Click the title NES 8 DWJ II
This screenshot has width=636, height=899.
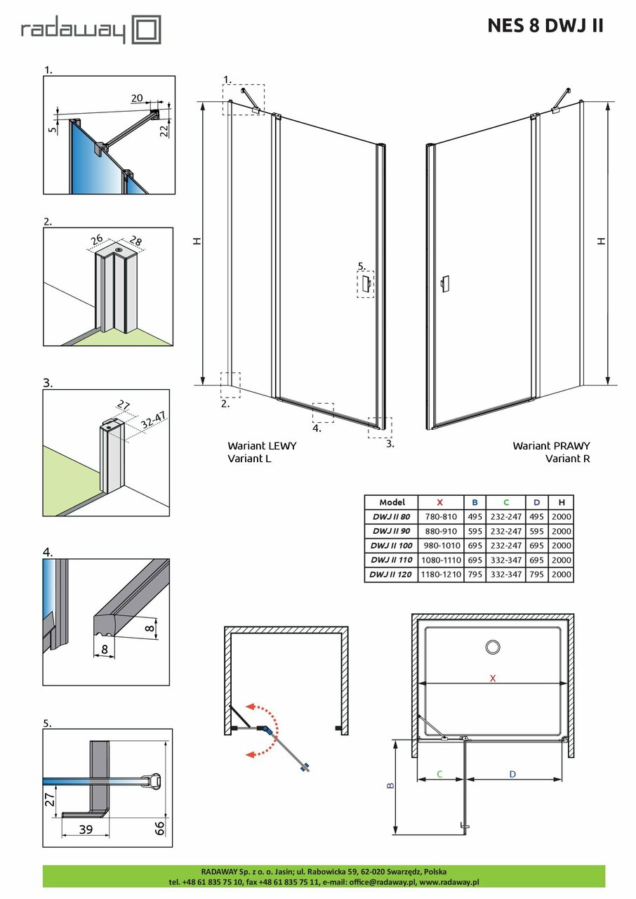[x=545, y=26]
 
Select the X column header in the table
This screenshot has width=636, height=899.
[x=440, y=502]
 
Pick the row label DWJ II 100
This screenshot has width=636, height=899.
[x=390, y=546]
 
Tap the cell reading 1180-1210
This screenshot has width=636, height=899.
[x=440, y=575]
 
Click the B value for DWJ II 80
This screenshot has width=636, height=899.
[x=475, y=517]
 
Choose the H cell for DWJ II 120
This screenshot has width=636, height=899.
[x=562, y=575]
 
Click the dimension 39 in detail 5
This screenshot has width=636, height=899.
[x=85, y=829]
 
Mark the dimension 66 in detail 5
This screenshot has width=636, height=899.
[x=159, y=826]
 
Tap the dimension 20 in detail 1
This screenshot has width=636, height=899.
[x=137, y=98]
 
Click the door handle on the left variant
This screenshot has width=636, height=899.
[x=366, y=284]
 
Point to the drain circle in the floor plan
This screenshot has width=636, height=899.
[x=493, y=648]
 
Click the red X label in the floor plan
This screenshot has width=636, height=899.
[x=493, y=678]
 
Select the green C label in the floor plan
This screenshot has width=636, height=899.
[x=439, y=774]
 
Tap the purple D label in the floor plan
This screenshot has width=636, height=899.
[x=513, y=774]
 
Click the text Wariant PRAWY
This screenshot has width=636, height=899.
[x=551, y=445]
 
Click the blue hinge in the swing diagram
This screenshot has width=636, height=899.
[x=265, y=729]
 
